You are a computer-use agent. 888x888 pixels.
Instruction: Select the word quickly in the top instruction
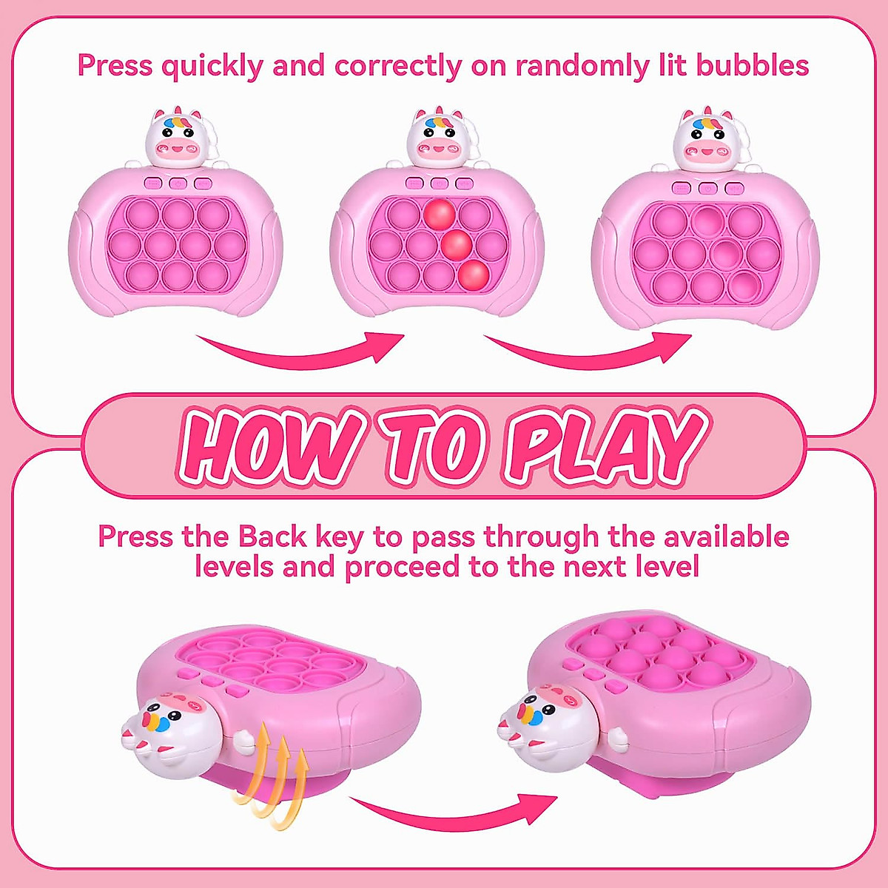tap(212, 66)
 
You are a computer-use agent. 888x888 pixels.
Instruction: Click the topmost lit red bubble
tap(440, 213)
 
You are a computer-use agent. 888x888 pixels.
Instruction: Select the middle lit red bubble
tap(457, 243)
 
